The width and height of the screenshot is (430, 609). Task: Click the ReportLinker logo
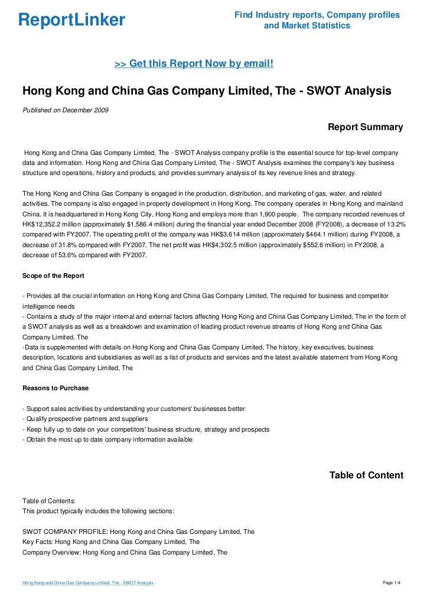point(71,21)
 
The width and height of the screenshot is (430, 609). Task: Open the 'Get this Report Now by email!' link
point(194,63)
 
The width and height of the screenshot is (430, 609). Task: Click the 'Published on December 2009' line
point(65,111)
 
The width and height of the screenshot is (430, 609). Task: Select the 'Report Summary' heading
point(365,127)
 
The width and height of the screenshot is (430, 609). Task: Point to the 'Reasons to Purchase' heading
point(55,388)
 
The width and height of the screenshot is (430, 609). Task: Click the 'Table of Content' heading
point(366,475)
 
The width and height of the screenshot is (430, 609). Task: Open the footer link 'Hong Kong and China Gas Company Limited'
point(87,583)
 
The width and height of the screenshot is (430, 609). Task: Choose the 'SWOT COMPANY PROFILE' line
point(138,532)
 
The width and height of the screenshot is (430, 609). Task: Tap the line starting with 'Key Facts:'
point(110,542)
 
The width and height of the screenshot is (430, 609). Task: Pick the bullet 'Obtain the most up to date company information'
point(106,439)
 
